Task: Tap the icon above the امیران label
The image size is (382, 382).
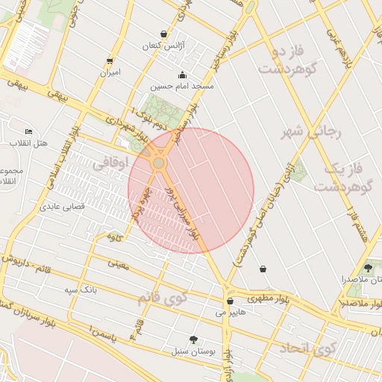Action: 110,61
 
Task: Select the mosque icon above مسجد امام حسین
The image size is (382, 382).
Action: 183,75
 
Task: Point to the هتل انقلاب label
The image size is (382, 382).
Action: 28,142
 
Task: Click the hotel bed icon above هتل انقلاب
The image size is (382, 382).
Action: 29,131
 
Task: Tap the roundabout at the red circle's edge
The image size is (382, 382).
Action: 158,163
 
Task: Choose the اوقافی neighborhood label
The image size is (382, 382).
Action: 114,161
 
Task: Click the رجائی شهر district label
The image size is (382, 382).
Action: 310,132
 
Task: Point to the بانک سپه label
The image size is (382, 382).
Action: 80,288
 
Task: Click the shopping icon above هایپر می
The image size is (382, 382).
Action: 230,301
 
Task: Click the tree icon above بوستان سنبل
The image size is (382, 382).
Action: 195,339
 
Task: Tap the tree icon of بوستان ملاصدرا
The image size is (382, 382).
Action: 367,268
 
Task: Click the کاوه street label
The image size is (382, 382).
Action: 113,237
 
